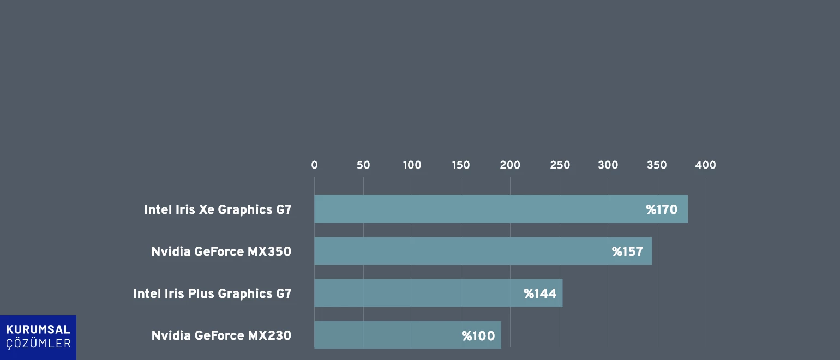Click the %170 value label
662,209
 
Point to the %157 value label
627,251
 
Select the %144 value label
540,293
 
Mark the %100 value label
478,336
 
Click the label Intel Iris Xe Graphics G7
218,209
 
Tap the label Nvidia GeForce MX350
221,251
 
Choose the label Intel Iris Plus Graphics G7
212,293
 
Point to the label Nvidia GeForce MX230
221,335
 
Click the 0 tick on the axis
314,165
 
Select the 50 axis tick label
363,165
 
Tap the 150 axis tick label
461,165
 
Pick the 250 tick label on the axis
560,165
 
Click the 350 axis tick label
657,165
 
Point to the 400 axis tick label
706,165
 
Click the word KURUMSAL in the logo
38,330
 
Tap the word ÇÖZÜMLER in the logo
38,344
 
